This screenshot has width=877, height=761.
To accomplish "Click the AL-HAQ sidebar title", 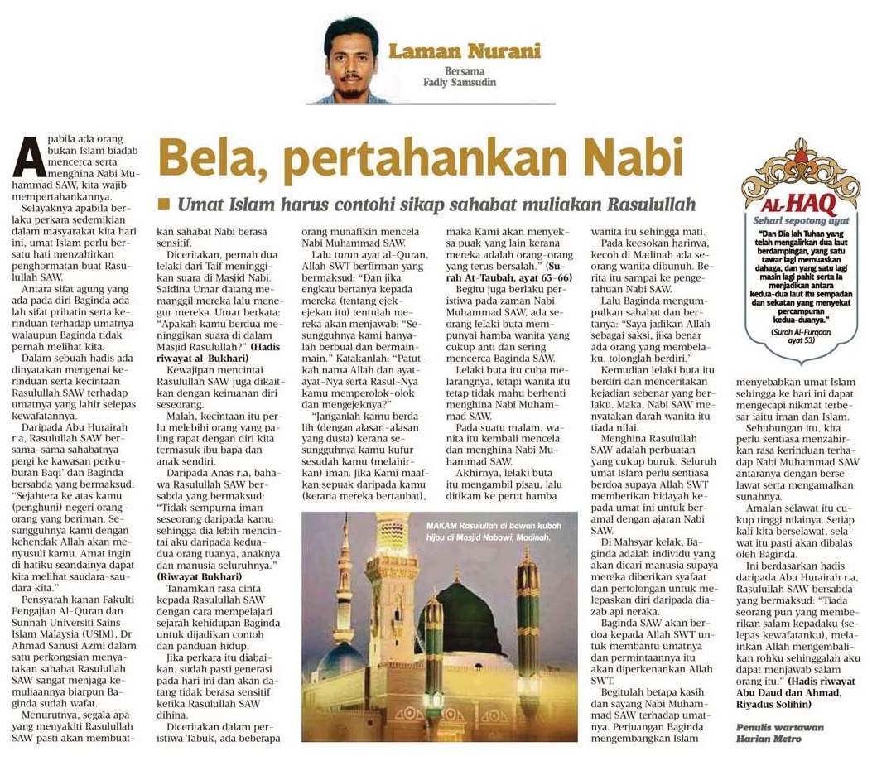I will tap(801, 202).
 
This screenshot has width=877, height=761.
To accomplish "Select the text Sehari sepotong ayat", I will tap(801, 221).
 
